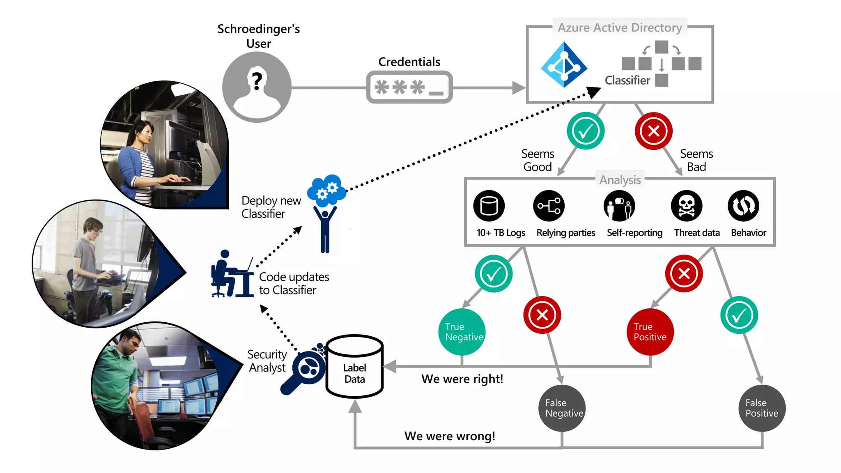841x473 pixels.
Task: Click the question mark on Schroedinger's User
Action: pos(257,81)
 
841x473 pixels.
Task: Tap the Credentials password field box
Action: pos(409,87)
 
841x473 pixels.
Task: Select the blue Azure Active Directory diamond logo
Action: pos(564,65)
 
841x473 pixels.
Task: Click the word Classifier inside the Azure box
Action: pos(627,80)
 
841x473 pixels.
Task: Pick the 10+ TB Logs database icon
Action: pos(489,206)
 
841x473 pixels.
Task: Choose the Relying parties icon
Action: pos(549,206)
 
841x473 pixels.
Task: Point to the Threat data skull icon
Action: pos(686,206)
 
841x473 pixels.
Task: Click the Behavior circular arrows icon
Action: pos(743,206)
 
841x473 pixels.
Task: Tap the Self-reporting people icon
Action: pos(619,206)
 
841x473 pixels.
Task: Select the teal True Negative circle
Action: pos(462,332)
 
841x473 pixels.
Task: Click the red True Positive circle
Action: pos(650,332)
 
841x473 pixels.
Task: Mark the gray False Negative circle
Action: pos(562,408)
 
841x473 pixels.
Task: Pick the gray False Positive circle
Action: pos(762,408)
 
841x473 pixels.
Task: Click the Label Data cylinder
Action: pos(354,367)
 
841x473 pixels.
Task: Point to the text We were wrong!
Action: pos(450,436)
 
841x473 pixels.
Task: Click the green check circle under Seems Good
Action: pos(585,131)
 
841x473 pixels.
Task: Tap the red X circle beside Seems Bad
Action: pos(653,131)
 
